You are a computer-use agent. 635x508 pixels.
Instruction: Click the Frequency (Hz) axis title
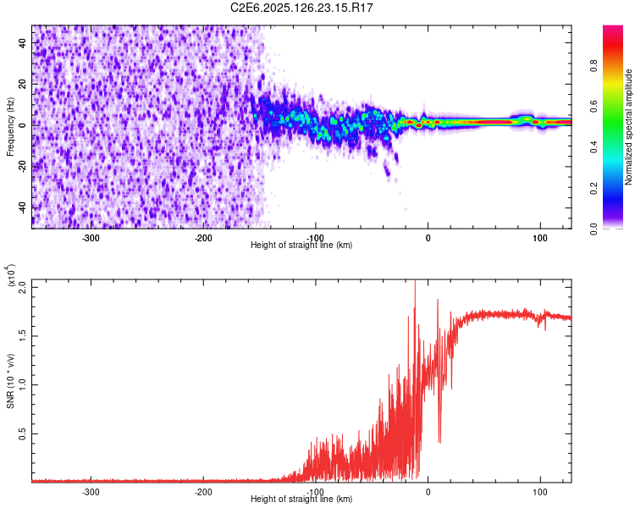click(10, 127)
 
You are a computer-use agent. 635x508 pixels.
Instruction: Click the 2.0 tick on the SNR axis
click(23, 285)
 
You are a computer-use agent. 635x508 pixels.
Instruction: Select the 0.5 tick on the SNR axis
click(23, 433)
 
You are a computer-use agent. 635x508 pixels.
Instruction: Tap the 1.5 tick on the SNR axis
click(23, 334)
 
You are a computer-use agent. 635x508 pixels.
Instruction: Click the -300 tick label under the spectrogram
click(91, 238)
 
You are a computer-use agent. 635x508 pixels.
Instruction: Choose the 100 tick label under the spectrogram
click(539, 238)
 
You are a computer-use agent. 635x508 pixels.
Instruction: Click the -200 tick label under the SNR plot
click(203, 491)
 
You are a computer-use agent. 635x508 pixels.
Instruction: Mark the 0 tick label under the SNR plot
click(428, 491)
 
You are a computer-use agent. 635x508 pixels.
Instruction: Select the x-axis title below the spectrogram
click(301, 246)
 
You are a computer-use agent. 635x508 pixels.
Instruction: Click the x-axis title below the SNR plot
click(301, 499)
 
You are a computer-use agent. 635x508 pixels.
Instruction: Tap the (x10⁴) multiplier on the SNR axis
click(11, 275)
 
